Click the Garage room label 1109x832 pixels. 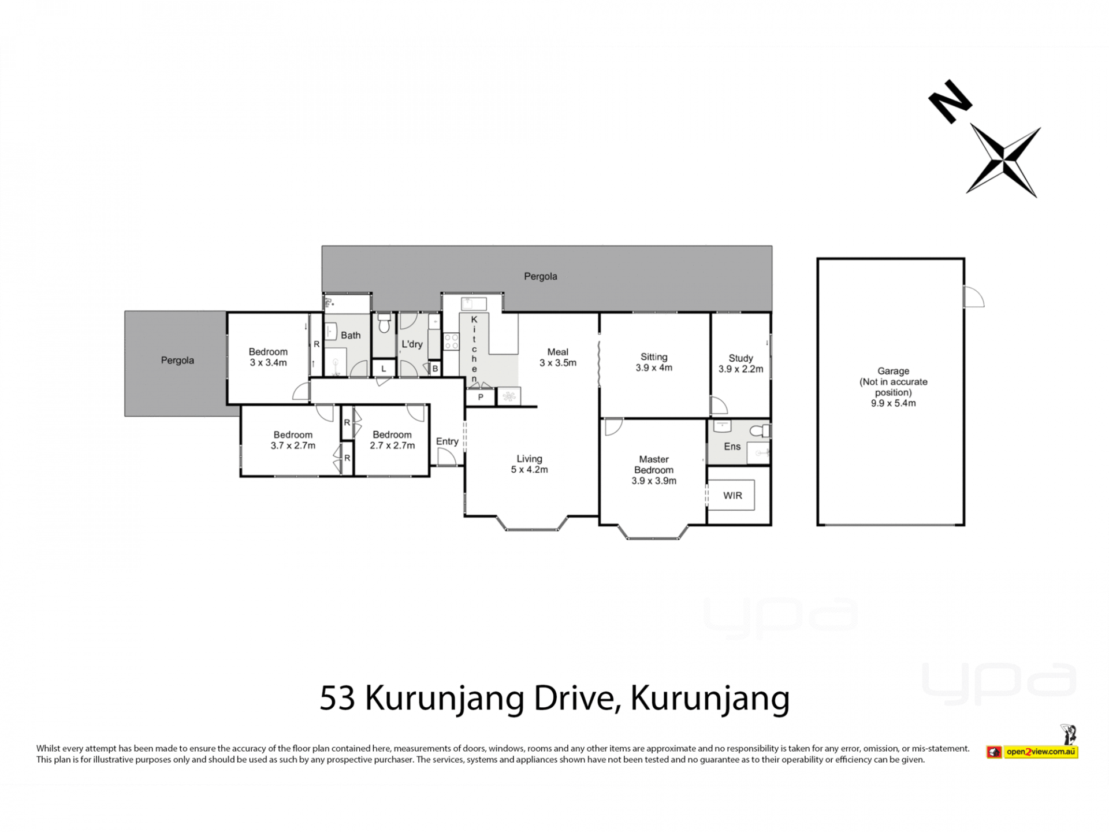pos(893,387)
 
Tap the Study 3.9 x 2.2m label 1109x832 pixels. pos(740,363)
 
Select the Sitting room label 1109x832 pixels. pos(654,362)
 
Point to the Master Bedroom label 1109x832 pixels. pos(654,470)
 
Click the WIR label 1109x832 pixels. pos(732,496)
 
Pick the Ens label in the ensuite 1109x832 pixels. pos(732,447)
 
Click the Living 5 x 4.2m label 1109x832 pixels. pos(529,464)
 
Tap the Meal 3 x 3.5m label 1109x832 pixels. pos(558,357)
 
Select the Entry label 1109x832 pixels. pos(447,441)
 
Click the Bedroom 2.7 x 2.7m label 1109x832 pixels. pos(392,440)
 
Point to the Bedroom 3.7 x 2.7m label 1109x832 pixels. pos(293,440)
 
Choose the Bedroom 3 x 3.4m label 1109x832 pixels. pos(268,357)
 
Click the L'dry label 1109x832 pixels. pos(412,344)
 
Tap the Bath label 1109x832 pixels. pos(351,335)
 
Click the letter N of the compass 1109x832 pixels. pos(950,102)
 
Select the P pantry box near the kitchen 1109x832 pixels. pos(481,397)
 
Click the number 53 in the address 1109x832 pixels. pos(337,698)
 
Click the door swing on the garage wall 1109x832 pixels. pos(974,297)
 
